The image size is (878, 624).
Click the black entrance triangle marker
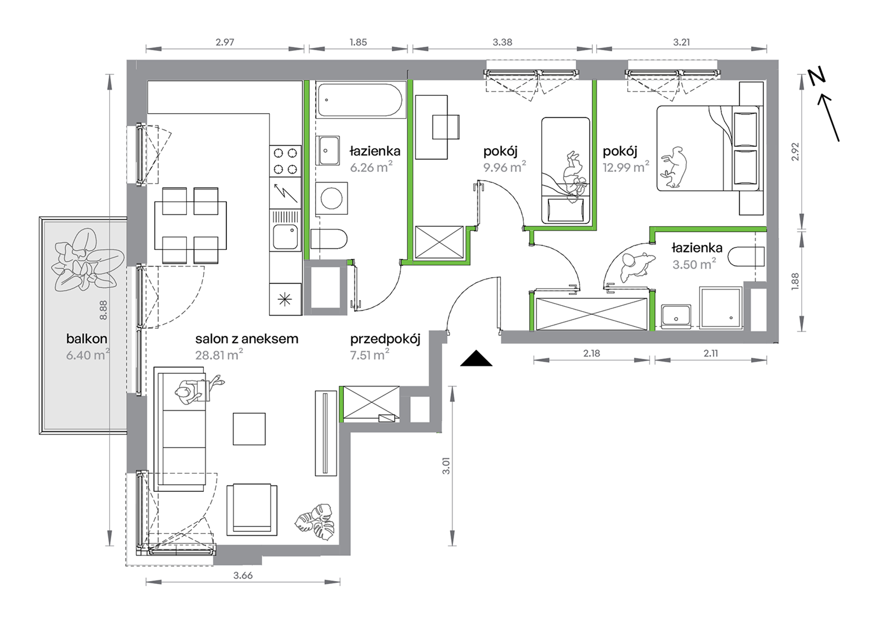tap(476, 359)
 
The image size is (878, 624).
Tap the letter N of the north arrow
tap(817, 77)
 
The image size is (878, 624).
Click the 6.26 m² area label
tap(371, 167)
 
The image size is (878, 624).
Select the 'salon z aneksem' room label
tap(247, 339)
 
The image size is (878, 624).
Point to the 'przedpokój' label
tap(385, 339)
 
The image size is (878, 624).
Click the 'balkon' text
tap(86, 339)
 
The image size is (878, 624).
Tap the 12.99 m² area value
tap(626, 167)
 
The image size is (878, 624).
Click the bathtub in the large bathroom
tap(360, 100)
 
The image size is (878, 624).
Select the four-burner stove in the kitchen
tap(285, 161)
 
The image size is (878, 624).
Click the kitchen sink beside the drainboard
tap(285, 237)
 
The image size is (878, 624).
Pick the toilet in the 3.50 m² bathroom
tap(746, 257)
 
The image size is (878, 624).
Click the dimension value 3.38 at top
tap(502, 42)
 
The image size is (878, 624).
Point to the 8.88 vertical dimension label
tap(103, 310)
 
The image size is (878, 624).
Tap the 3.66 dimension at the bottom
tap(243, 576)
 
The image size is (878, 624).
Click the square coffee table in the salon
tap(249, 429)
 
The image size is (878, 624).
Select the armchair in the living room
tap(252, 509)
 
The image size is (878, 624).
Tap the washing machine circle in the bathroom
tap(331, 199)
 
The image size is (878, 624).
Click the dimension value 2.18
tap(591, 353)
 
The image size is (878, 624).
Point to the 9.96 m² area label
tap(505, 167)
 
